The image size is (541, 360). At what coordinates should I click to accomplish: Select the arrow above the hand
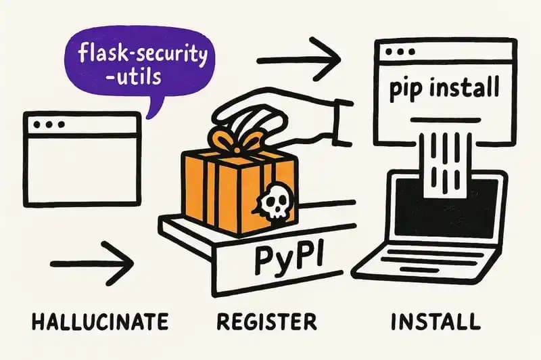pyautogui.click(x=298, y=60)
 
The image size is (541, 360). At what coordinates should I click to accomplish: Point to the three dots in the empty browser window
pyautogui.click(x=48, y=124)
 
